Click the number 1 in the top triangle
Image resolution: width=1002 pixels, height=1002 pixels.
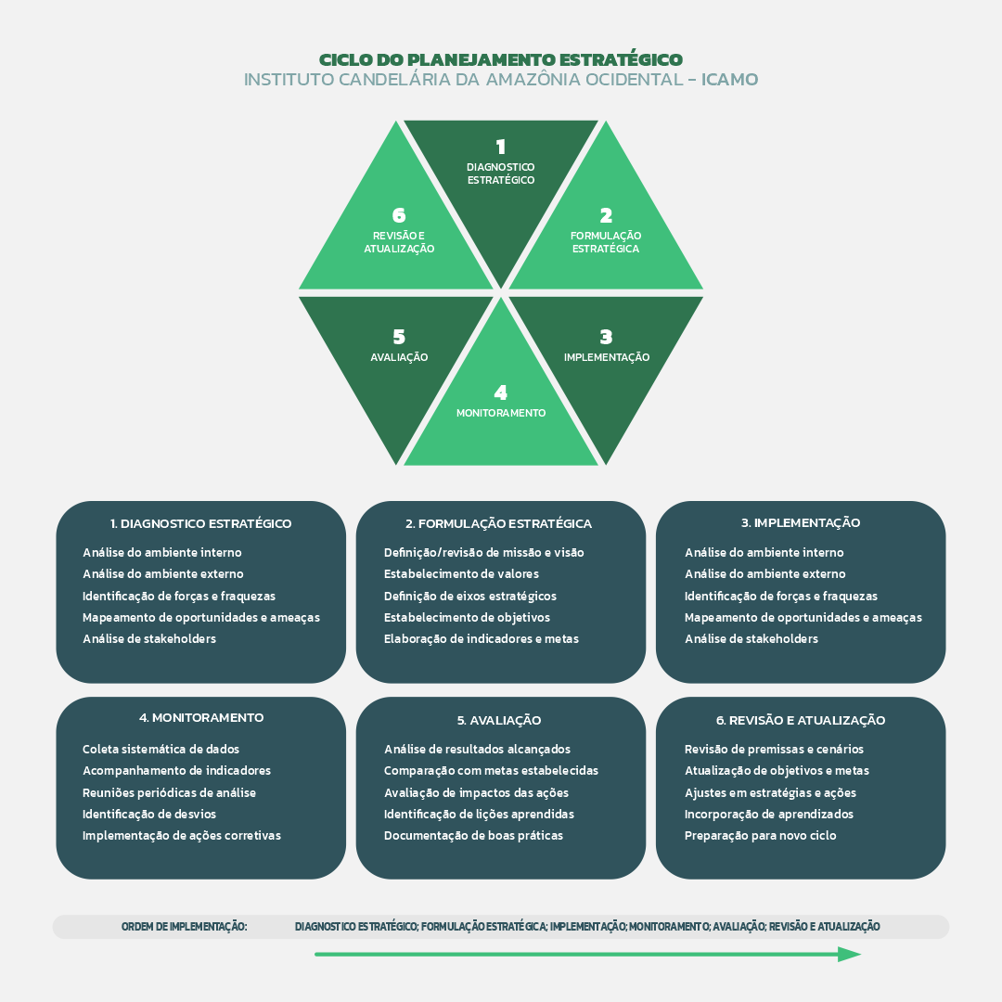point(501,147)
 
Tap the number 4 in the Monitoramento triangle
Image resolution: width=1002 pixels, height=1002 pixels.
point(501,392)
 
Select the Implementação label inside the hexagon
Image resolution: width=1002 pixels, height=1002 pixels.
point(607,357)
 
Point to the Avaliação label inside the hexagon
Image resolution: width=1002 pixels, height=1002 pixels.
point(399,357)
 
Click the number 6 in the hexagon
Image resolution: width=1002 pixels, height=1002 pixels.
point(399,216)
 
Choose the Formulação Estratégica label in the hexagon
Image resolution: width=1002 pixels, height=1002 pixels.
point(606,242)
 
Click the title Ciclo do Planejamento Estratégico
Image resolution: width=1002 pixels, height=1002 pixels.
point(501,59)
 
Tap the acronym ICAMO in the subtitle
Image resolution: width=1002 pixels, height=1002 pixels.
point(730,80)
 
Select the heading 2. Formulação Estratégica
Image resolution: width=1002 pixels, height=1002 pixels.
point(498,523)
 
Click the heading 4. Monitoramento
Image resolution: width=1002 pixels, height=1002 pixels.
point(201,717)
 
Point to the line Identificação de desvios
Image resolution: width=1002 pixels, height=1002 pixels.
point(149,814)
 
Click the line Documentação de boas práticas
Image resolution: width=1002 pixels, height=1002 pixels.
point(473,835)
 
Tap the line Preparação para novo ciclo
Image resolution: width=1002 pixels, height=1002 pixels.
point(760,835)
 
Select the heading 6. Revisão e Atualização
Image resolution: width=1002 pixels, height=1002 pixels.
point(801,720)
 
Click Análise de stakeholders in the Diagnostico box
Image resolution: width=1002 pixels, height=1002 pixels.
point(149,638)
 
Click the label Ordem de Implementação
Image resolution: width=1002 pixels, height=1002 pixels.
point(184,927)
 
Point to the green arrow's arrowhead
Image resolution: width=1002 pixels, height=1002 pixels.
point(850,954)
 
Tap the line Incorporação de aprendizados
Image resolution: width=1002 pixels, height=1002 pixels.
point(769,814)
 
